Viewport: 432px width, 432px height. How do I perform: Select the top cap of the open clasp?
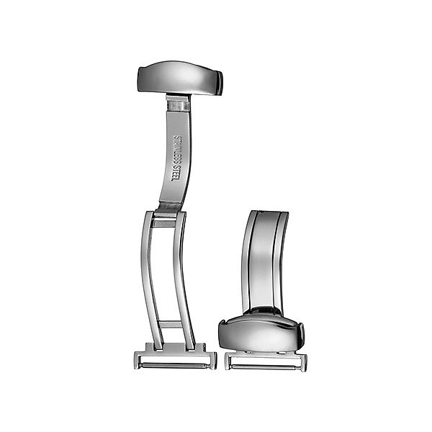pyautogui.click(x=179, y=78)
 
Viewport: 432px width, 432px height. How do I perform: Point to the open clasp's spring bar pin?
pyautogui.click(x=174, y=366)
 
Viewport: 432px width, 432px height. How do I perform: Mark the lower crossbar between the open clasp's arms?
pyautogui.click(x=171, y=324)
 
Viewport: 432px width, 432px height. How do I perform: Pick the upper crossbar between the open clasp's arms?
pyautogui.click(x=164, y=223)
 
